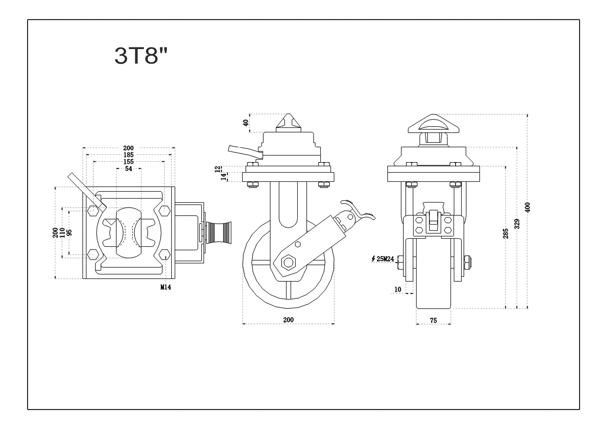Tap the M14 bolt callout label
click(x=166, y=287)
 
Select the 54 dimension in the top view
click(x=129, y=169)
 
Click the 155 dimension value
click(x=128, y=162)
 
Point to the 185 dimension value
click(x=128, y=155)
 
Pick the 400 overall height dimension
click(x=527, y=207)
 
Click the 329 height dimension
click(x=517, y=224)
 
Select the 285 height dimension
click(x=506, y=234)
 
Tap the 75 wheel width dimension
click(x=433, y=321)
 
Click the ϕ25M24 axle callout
click(x=383, y=259)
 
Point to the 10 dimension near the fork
click(x=398, y=290)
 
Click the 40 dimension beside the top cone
click(x=246, y=123)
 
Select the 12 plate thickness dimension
click(x=218, y=169)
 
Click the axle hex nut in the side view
click(x=287, y=262)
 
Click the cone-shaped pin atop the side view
click(x=288, y=123)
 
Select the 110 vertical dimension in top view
click(x=62, y=233)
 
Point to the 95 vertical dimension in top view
click(x=69, y=233)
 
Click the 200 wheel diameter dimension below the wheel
click(x=288, y=320)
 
